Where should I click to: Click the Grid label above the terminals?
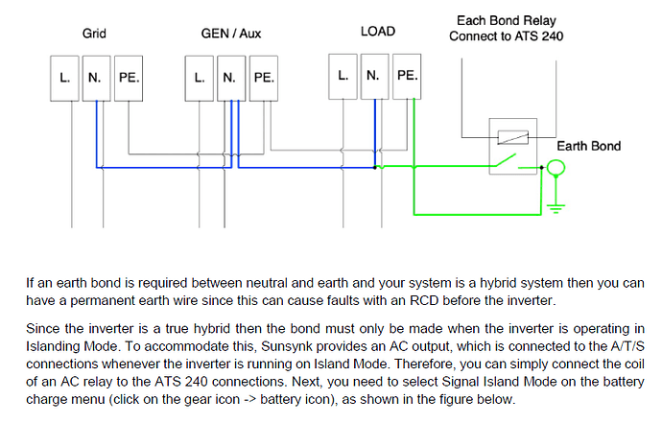[94, 34]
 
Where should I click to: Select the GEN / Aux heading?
[231, 34]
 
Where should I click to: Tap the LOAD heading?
[378, 32]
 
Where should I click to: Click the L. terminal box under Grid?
[64, 79]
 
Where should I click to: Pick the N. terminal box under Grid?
[96, 79]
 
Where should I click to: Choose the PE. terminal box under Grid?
[129, 79]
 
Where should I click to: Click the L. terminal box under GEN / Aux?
[200, 79]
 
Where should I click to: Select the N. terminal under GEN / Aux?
[231, 79]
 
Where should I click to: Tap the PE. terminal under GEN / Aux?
[264, 79]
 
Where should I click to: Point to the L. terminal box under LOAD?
[343, 77]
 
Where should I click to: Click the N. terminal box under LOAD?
[375, 77]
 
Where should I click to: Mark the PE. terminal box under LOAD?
[407, 77]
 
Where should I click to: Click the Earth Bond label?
[588, 146]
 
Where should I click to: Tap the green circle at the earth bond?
[556, 159]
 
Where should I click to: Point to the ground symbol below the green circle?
[556, 208]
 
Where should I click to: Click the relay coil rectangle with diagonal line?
[513, 137]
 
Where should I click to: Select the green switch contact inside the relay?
[506, 160]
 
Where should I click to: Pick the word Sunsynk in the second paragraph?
[287, 346]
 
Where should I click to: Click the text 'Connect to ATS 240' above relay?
[507, 36]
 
